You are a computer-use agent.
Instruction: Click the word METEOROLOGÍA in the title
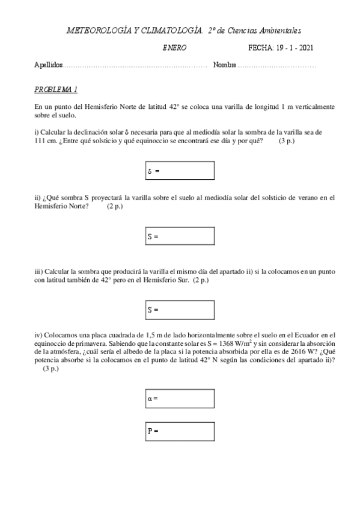click(94, 30)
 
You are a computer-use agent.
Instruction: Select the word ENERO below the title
click(175, 48)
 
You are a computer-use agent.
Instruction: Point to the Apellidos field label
click(48, 65)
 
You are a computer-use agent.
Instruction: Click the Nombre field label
click(224, 65)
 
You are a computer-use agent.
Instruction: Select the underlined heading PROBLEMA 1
click(56, 89)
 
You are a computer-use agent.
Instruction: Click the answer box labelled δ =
click(180, 171)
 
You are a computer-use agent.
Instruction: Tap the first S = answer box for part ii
click(180, 237)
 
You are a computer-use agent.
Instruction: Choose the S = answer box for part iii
click(180, 310)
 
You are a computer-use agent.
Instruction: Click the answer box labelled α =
click(180, 399)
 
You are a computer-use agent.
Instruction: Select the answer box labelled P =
click(180, 431)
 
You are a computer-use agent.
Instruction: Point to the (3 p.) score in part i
click(285, 140)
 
